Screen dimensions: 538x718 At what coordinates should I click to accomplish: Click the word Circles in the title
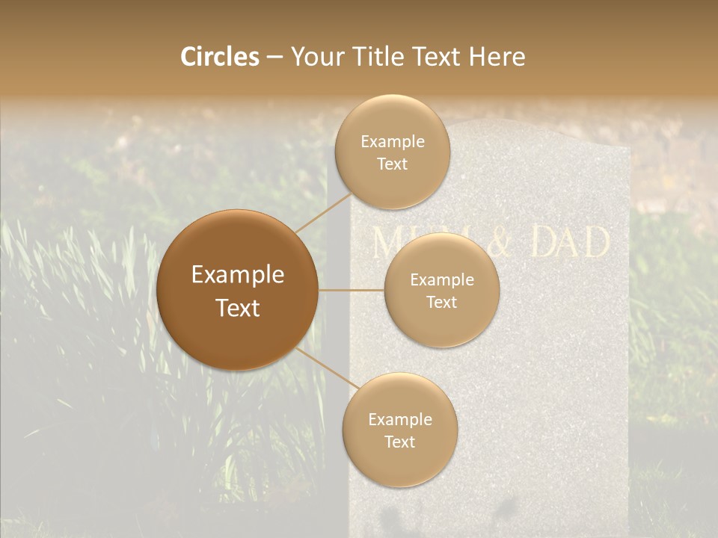click(x=220, y=57)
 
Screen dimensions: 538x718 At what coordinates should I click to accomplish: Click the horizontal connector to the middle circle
click(x=351, y=290)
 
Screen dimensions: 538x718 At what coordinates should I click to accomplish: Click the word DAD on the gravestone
click(x=570, y=243)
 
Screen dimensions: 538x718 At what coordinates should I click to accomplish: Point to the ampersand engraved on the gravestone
click(x=509, y=244)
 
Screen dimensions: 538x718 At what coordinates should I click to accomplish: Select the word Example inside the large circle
click(x=238, y=275)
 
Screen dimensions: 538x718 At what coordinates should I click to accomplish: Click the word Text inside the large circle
click(x=238, y=308)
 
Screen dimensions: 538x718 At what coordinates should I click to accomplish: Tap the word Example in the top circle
click(x=392, y=142)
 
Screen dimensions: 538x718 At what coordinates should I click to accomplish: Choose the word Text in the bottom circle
click(x=399, y=442)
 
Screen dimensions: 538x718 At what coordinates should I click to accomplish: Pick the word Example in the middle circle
click(x=441, y=280)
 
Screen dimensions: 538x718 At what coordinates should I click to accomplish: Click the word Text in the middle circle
click(x=441, y=302)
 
